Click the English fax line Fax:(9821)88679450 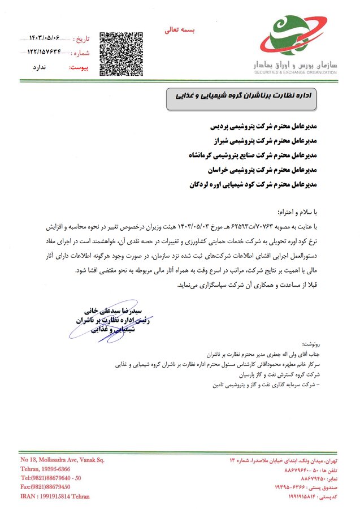point(45,486)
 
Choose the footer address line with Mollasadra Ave point(62,460)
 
